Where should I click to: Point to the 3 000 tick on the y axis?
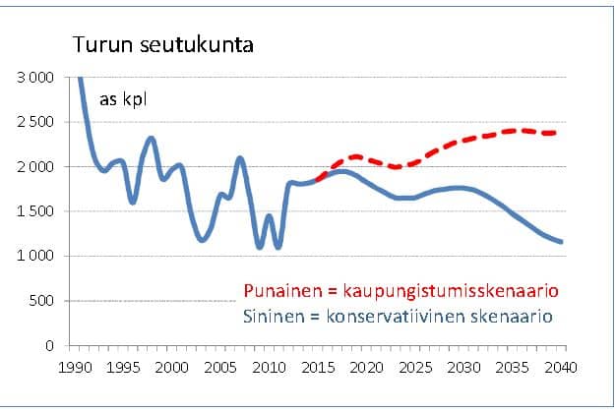click(x=36, y=77)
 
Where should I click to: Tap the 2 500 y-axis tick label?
click(x=36, y=122)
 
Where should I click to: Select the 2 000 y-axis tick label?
click(x=36, y=167)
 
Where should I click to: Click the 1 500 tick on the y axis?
click(x=36, y=211)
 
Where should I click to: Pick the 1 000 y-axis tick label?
click(x=36, y=257)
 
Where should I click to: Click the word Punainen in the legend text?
click(x=278, y=292)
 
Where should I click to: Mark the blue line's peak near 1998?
click(x=151, y=139)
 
